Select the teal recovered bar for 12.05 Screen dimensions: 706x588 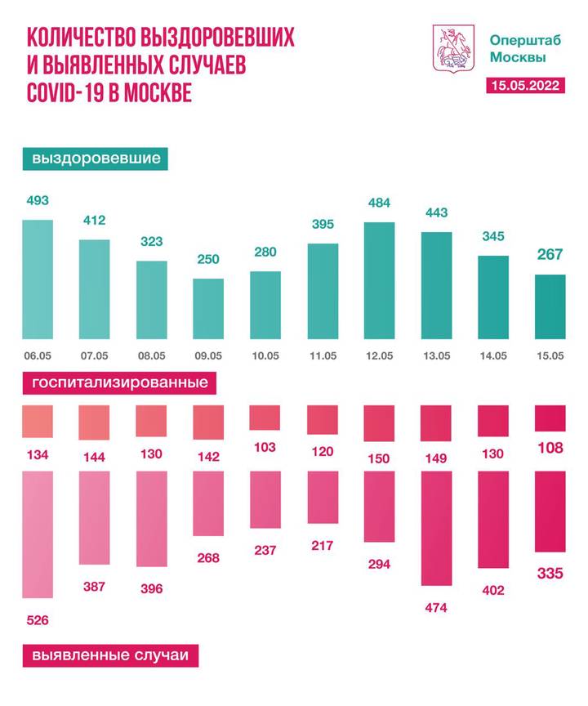click(x=379, y=280)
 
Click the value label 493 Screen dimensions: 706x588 click(x=38, y=201)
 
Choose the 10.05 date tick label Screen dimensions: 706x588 click(x=265, y=355)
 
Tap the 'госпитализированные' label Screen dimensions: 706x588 click(x=119, y=382)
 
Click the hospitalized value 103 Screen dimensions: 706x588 click(x=265, y=447)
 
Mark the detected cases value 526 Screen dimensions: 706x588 click(x=38, y=620)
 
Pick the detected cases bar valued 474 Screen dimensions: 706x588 click(x=436, y=529)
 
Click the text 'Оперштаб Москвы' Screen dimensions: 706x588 click(x=517, y=48)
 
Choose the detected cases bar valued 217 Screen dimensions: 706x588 click(x=323, y=498)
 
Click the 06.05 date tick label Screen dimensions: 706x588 click(x=38, y=355)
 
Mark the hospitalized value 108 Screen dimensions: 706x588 click(x=549, y=448)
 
